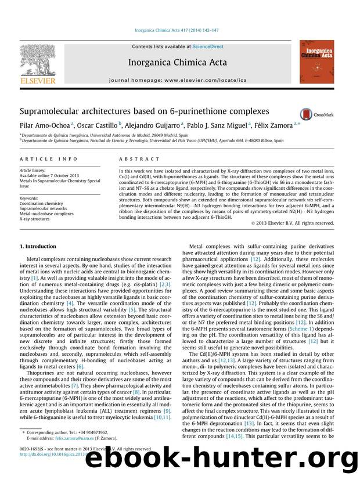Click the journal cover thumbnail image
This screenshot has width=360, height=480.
(x=316, y=62)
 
